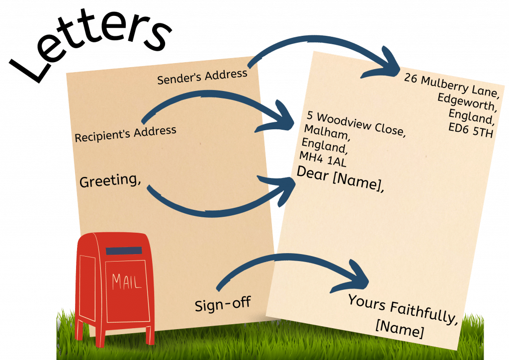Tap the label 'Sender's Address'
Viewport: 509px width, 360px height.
[x=202, y=77]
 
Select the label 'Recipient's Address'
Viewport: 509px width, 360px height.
[x=125, y=134]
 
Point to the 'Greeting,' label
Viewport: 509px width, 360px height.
[x=110, y=180]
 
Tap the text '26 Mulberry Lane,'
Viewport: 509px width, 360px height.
[x=450, y=85]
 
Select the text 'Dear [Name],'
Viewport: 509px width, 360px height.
[x=340, y=180]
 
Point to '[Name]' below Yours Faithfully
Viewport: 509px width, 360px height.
[x=400, y=329]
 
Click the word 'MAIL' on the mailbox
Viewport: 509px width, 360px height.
[x=126, y=281]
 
